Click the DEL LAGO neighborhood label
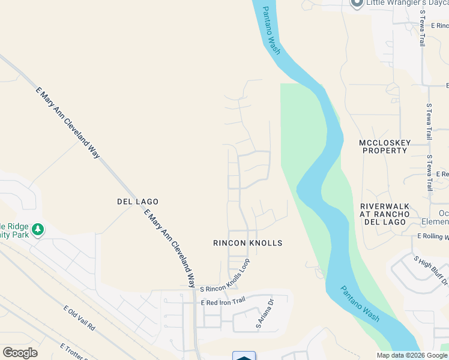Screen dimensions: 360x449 [x=137, y=202]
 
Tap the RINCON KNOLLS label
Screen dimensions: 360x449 [x=247, y=243]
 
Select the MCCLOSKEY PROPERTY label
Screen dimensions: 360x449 [x=384, y=146]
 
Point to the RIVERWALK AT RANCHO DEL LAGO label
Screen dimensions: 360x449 [x=384, y=214]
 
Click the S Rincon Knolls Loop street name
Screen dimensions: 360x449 [x=224, y=279]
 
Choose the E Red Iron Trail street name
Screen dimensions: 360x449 [x=223, y=301]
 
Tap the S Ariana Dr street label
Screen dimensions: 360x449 [x=264, y=313]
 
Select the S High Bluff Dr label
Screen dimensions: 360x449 [x=430, y=269]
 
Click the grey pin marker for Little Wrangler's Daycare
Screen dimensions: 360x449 [x=357, y=4]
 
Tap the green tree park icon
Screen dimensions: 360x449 [x=38, y=229]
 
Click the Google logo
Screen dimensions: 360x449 [x=20, y=353]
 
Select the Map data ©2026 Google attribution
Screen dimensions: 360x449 [x=412, y=355]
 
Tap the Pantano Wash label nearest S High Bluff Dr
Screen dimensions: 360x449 [x=360, y=303]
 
